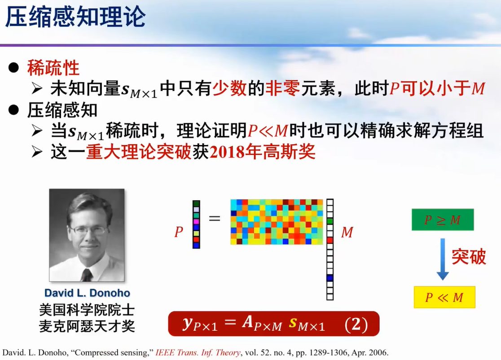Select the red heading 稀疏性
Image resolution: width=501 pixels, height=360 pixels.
click(x=53, y=68)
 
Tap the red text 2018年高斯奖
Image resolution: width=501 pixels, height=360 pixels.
click(x=262, y=151)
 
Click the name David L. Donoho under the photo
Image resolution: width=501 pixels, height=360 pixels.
click(x=87, y=293)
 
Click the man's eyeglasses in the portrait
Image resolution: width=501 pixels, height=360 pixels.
click(x=88, y=230)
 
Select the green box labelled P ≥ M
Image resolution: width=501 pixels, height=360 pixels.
click(x=443, y=220)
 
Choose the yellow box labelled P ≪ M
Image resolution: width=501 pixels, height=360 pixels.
click(x=444, y=297)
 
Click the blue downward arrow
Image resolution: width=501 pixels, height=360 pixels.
click(x=443, y=259)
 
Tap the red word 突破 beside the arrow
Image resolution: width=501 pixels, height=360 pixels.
click(x=469, y=256)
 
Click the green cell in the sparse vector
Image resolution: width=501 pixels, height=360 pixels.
click(x=330, y=221)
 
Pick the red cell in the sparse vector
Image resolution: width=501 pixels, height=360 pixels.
click(x=330, y=240)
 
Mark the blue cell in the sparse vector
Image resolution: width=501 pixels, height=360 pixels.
click(x=330, y=278)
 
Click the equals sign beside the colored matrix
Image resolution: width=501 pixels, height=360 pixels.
click(x=215, y=219)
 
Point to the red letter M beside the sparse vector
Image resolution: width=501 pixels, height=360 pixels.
click(x=347, y=232)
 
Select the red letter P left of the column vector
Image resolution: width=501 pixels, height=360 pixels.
click(x=179, y=232)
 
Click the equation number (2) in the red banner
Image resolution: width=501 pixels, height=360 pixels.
click(x=356, y=325)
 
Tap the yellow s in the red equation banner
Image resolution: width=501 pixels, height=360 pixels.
click(x=293, y=323)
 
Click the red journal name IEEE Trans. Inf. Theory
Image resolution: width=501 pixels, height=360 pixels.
click(x=198, y=353)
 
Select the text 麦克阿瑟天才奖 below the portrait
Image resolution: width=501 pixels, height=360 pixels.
click(x=87, y=326)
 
